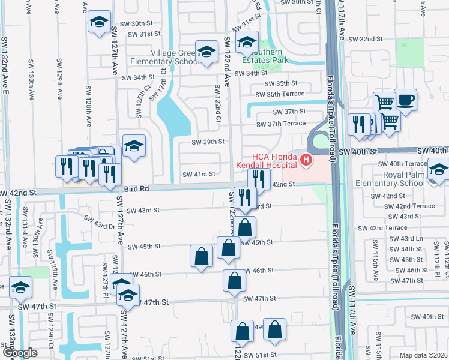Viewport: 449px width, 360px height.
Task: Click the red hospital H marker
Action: (x=306, y=160)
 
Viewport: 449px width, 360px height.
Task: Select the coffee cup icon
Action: (x=406, y=100)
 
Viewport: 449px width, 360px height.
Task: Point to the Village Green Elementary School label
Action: (x=175, y=58)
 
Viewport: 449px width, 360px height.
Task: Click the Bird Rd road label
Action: (x=137, y=188)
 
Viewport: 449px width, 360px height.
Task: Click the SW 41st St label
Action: (x=199, y=175)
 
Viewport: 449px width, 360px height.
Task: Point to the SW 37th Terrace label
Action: (x=281, y=124)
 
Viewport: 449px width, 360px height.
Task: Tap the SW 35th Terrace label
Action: (x=280, y=94)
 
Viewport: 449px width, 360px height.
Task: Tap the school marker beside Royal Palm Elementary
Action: (x=438, y=169)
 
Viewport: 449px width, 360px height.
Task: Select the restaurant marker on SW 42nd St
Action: (x=259, y=178)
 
